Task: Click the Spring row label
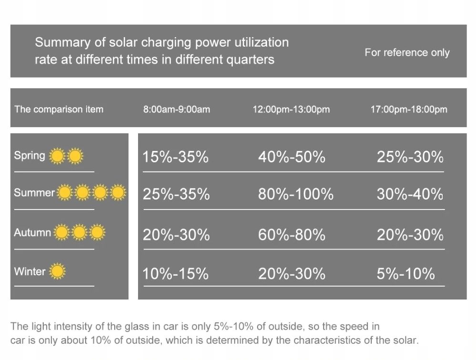30,156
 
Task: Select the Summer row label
34,193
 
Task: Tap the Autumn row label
32,233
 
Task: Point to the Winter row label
30,272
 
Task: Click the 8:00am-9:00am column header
177,110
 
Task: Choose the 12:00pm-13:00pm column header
291,110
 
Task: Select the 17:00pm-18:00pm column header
409,110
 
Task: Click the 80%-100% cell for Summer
296,194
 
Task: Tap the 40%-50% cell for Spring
292,157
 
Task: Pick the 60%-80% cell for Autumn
292,235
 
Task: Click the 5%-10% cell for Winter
406,274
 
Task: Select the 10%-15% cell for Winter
176,274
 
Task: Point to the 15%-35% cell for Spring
176,157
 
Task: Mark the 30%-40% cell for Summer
410,194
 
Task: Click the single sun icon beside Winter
57,272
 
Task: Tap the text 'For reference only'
407,52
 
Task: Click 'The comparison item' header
59,110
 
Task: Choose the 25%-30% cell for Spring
410,157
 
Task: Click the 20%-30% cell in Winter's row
292,274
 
